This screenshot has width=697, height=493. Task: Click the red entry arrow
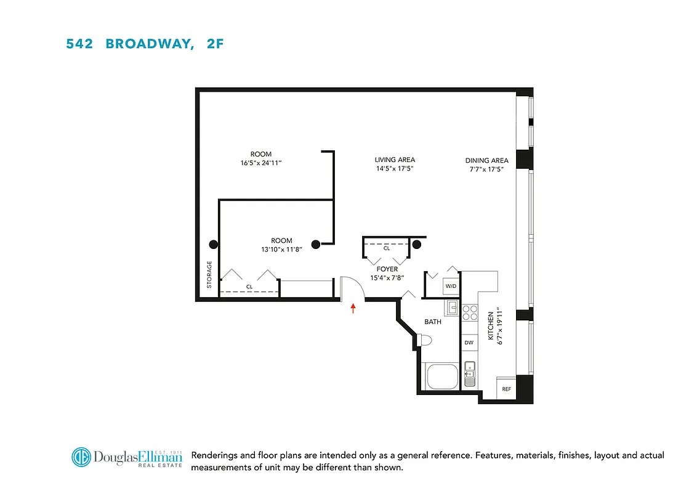[353, 308]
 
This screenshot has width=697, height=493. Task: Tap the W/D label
[450, 286]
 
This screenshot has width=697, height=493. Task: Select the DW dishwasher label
[469, 343]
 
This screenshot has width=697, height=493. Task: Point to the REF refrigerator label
[506, 389]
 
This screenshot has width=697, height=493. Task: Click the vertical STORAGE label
[209, 275]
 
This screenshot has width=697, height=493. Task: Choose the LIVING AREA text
[394, 160]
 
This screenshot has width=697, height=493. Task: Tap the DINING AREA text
[486, 161]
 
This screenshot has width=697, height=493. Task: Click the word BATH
[433, 322]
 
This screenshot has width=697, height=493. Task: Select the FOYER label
[387, 269]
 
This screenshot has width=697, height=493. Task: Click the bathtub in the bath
[441, 375]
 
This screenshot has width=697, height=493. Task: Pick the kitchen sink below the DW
[469, 372]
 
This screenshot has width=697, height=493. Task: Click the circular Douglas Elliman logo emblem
[81, 457]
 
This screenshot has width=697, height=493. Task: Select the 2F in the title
[210, 44]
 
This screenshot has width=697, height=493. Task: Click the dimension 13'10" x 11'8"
[281, 250]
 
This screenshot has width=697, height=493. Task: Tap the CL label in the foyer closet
[387, 248]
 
